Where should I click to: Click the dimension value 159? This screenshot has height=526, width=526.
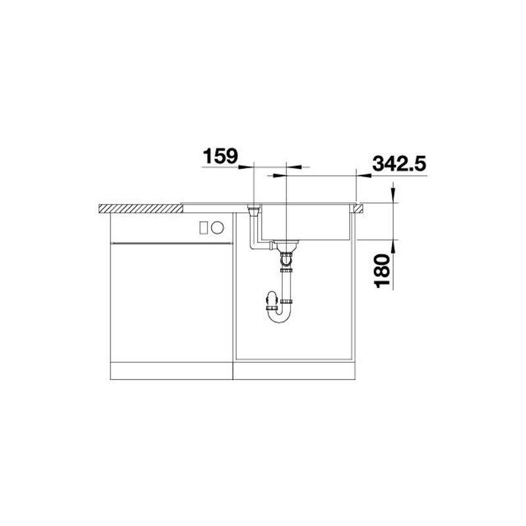tap(220, 156)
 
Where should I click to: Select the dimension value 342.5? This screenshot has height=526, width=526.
tap(399, 164)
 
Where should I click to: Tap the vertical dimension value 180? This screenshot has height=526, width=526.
tap(382, 271)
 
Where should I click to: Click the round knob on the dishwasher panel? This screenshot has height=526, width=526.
tap(217, 227)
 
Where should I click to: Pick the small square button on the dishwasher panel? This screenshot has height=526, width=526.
tap(204, 228)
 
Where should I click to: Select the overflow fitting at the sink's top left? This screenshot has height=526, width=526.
tap(254, 210)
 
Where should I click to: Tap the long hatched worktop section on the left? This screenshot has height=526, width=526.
tap(141, 208)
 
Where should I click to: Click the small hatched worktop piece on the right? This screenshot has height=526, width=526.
tap(357, 208)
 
